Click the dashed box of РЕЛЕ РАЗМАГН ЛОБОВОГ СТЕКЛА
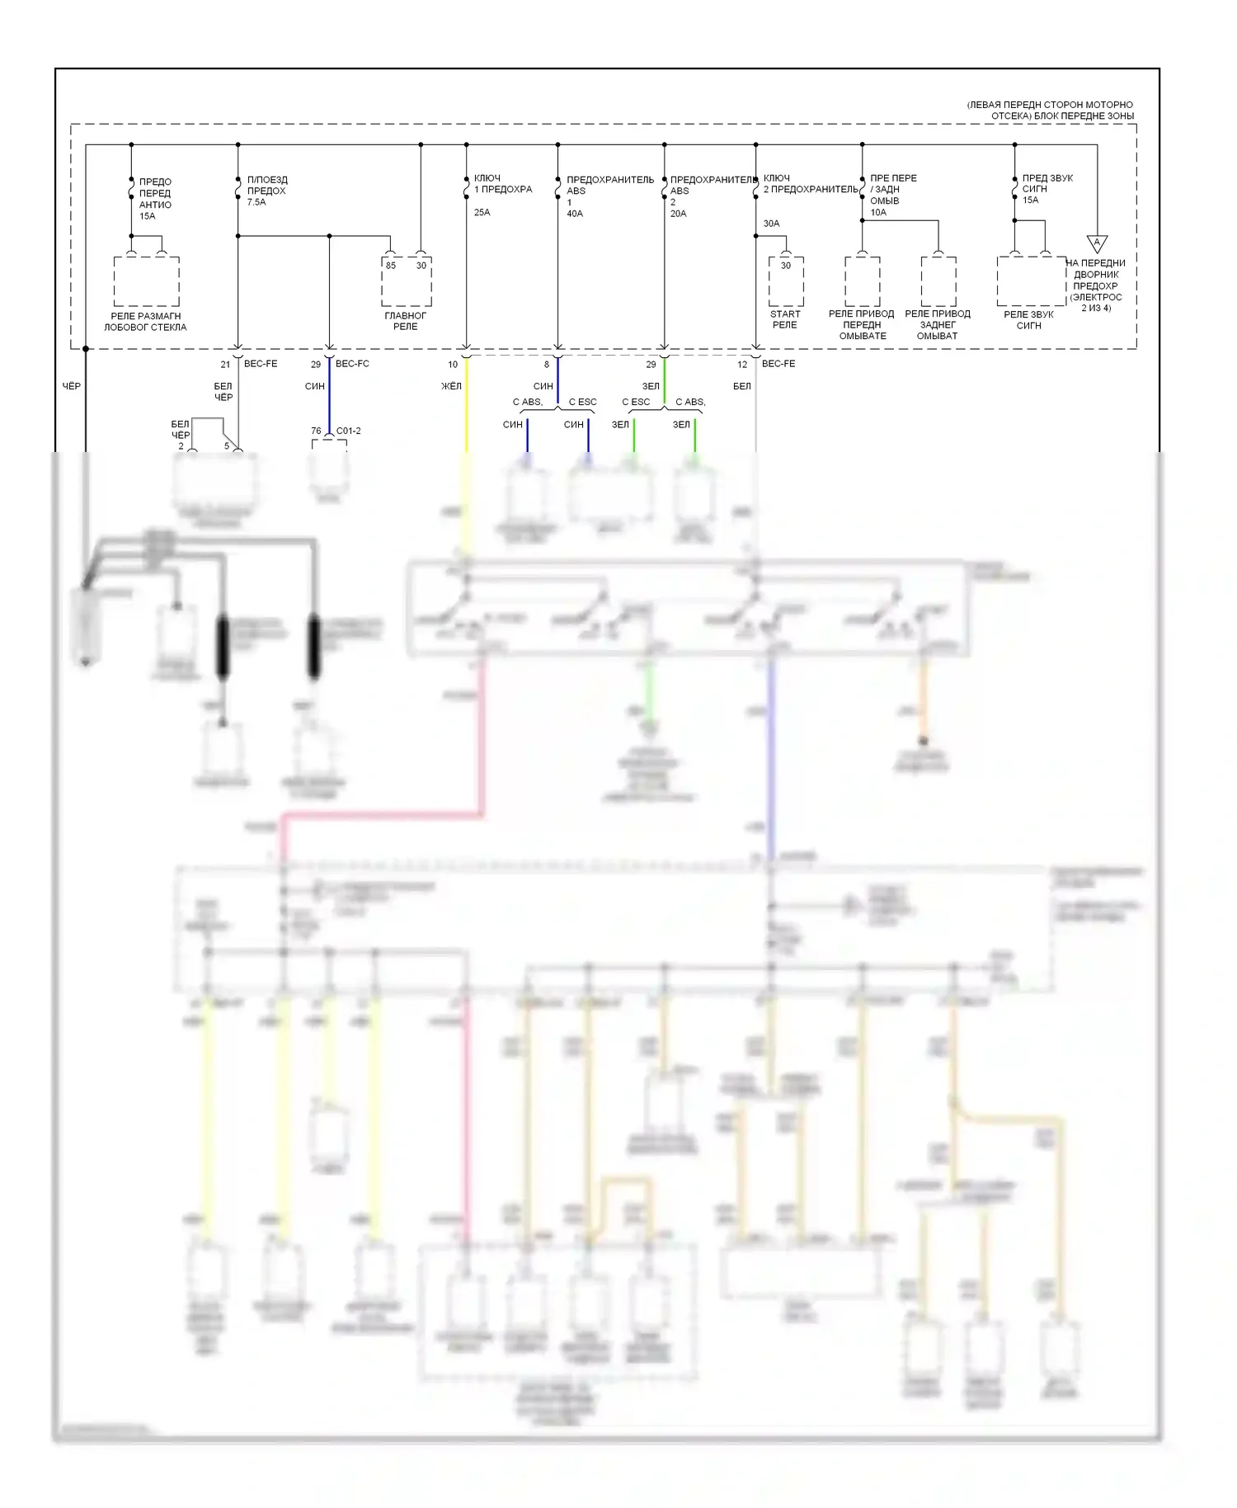tap(146, 281)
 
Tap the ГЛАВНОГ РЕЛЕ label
tap(406, 321)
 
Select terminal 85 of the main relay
tap(391, 266)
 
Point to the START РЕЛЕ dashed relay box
tap(786, 281)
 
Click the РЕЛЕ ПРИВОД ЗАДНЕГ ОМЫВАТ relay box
tap(938, 281)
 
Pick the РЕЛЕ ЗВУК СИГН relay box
tap(1031, 281)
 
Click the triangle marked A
tap(1097, 243)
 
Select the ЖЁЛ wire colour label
tap(451, 386)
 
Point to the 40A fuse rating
tap(575, 214)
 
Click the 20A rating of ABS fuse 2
tap(679, 214)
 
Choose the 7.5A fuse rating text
tap(256, 202)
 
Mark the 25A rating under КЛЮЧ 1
tap(482, 212)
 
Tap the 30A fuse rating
tap(771, 224)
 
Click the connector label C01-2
tap(348, 431)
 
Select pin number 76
tap(316, 431)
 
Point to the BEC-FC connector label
tap(352, 364)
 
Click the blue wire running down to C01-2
tap(329, 396)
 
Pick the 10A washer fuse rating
tap(878, 212)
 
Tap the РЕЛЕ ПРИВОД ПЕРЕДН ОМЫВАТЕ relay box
tap(863, 281)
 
